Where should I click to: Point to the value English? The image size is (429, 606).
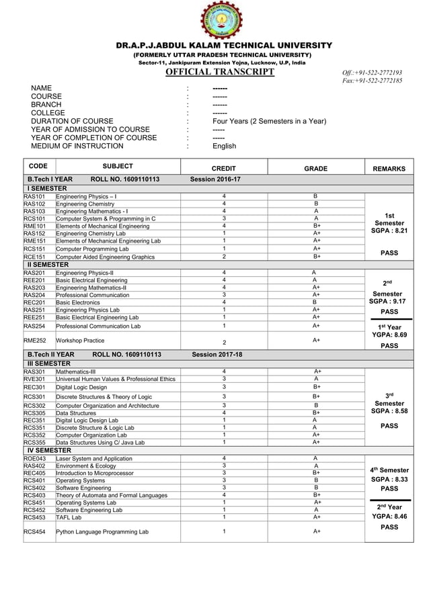click(x=224, y=145)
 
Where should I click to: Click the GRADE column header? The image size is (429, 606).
click(x=315, y=169)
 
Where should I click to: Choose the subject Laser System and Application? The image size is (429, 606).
click(x=94, y=459)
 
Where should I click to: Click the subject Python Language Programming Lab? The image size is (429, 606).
click(x=102, y=531)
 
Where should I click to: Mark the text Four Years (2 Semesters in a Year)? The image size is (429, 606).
click(x=269, y=121)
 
